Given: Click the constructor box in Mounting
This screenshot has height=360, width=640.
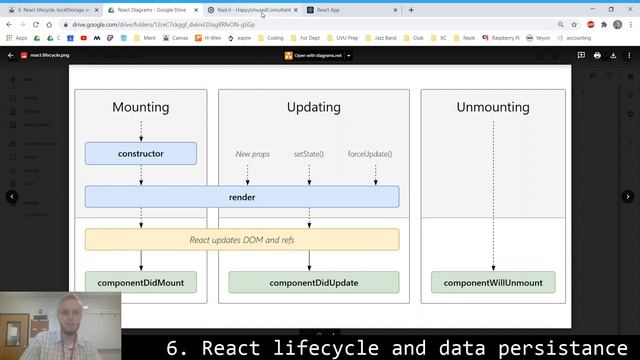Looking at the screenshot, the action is (140, 154).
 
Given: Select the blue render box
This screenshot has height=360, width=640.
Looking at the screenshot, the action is (241, 197).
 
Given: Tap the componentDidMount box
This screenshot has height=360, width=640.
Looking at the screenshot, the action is (140, 283).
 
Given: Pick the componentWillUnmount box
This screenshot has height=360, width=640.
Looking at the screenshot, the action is (493, 283).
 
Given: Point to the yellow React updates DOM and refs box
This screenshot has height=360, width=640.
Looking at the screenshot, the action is (241, 240).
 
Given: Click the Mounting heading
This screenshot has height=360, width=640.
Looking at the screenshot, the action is (140, 107).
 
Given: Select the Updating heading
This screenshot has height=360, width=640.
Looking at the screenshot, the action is (313, 107).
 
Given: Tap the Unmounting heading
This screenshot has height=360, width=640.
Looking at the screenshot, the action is (493, 107).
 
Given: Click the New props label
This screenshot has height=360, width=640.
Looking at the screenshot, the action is (252, 154).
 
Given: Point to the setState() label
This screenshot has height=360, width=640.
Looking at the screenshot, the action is (308, 154).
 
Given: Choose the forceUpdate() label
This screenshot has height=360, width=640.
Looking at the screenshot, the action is (370, 154).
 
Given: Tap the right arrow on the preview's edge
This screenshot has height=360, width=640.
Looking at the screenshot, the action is (628, 197).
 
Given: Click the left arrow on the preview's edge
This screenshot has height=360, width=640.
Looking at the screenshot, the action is (12, 197).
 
